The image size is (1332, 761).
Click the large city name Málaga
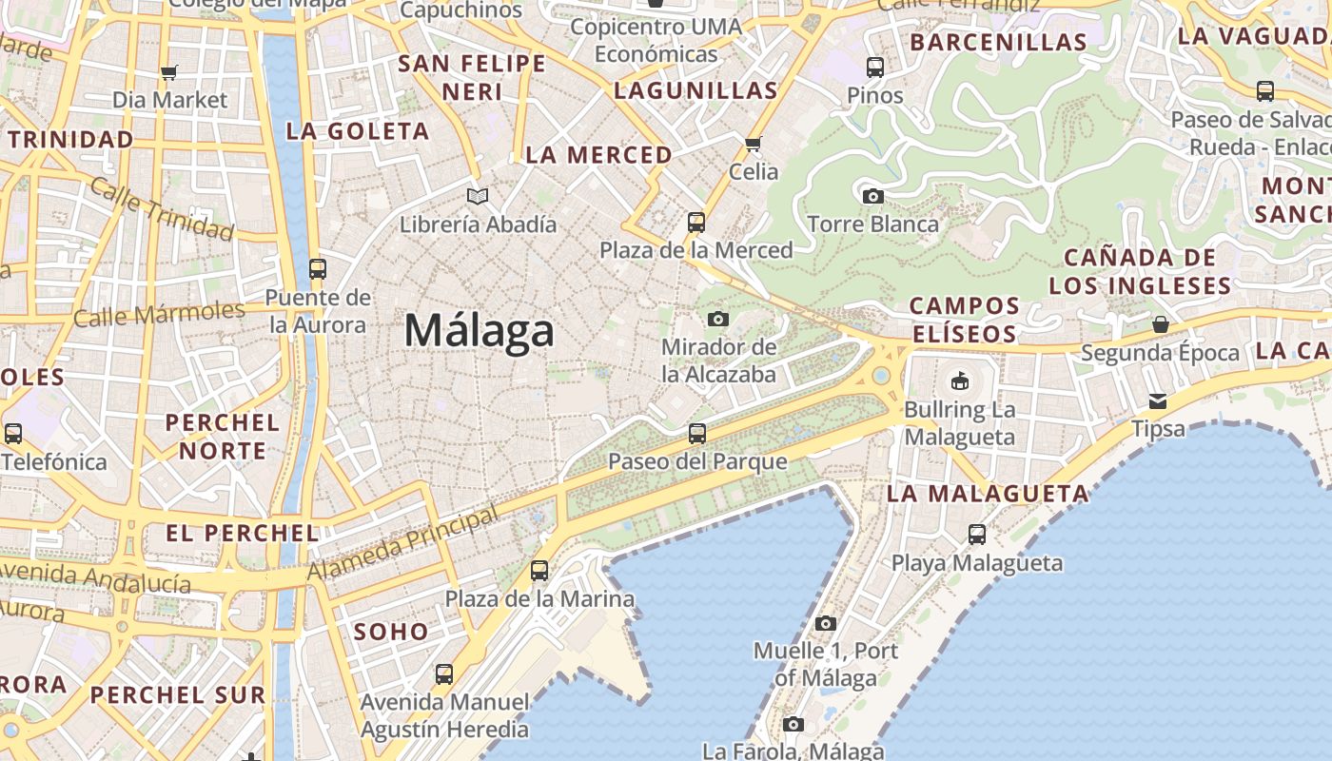click(479, 331)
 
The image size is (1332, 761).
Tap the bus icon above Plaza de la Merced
click(696, 223)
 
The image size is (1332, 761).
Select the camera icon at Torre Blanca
click(872, 197)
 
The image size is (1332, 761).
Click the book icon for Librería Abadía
click(478, 197)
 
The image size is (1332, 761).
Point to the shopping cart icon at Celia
click(754, 145)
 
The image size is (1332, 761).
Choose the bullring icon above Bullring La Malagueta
click(959, 381)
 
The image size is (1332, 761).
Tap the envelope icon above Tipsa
click(1158, 400)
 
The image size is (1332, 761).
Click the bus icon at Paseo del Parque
click(697, 434)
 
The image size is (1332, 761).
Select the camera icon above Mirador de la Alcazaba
click(718, 319)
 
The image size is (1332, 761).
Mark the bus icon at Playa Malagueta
click(977, 535)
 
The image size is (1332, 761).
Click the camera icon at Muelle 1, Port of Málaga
click(825, 624)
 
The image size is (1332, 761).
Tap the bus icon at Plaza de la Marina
click(539, 571)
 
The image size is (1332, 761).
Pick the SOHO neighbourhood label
click(391, 632)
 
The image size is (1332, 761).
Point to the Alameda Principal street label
click(402, 545)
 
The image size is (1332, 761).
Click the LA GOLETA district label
click(358, 131)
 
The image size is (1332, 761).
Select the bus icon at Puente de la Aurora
click(318, 269)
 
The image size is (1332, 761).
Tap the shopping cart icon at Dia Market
click(169, 72)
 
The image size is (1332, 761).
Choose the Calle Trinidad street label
click(162, 209)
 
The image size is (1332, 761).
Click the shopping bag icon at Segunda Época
click(1160, 324)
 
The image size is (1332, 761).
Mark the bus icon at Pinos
click(875, 68)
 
